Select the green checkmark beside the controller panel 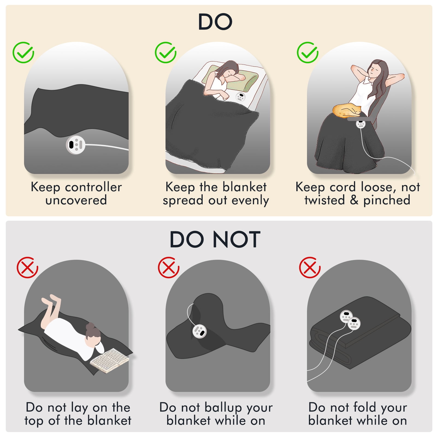point(23,52)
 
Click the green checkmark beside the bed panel point(166,52)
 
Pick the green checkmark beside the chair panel point(308,52)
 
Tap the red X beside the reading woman point(27,267)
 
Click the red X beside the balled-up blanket point(169,267)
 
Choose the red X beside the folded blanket point(310,267)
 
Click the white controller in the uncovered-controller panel point(76,145)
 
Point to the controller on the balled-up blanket point(199,331)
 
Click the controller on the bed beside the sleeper point(240,97)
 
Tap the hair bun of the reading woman point(90,327)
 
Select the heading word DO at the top point(215,22)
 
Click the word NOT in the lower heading point(237,240)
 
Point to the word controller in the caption point(93,187)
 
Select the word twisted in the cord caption point(325,200)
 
